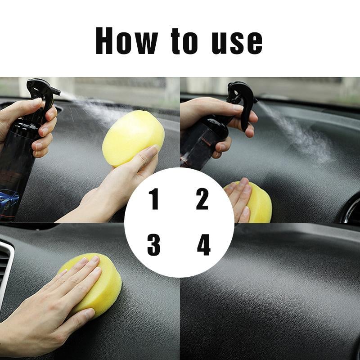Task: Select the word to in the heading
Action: click(x=184, y=42)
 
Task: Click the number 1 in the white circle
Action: click(x=154, y=199)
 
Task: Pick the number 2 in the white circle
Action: click(x=202, y=199)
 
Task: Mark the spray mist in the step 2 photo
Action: click(x=297, y=135)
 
